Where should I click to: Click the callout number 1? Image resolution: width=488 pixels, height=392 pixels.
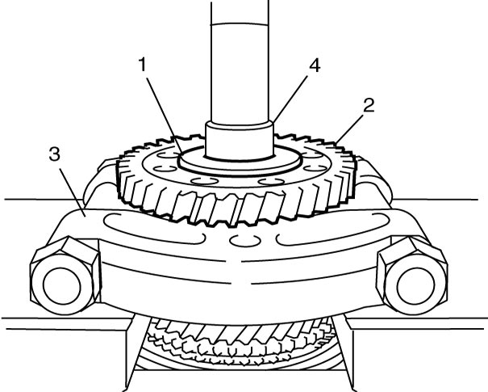click(143, 64)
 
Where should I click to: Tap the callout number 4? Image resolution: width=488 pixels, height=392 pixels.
click(315, 65)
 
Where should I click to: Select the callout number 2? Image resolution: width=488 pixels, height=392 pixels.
click(369, 105)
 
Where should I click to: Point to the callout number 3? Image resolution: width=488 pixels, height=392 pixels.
click(55, 154)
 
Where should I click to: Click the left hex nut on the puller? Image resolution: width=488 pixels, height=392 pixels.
click(65, 275)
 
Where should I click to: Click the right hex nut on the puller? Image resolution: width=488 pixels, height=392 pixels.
click(412, 275)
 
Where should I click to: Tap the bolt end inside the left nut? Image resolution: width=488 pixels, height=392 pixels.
click(62, 286)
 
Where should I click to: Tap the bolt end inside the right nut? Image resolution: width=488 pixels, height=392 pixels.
click(415, 285)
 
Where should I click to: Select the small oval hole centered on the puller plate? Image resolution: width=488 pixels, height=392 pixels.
click(244, 240)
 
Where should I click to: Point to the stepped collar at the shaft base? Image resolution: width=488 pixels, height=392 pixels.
click(240, 141)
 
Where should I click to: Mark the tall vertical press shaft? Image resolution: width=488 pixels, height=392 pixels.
click(240, 61)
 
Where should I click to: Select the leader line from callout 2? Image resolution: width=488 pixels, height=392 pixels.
click(350, 129)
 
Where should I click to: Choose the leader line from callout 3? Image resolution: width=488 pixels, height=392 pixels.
click(72, 191)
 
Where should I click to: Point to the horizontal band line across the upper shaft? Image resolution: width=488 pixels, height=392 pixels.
click(240, 23)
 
